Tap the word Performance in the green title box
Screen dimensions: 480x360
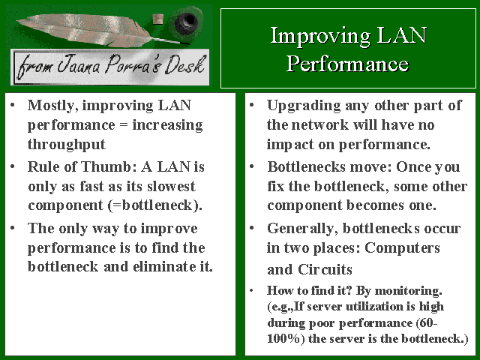pos(347,64)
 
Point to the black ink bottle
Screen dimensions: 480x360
pos(186,21)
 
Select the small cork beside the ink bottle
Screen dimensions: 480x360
pos(158,19)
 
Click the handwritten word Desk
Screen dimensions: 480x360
pos(184,64)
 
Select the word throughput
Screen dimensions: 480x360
pos(67,145)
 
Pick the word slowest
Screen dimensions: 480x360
pos(171,186)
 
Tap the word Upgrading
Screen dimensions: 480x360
pos(304,106)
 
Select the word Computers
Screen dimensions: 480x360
pos(402,247)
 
